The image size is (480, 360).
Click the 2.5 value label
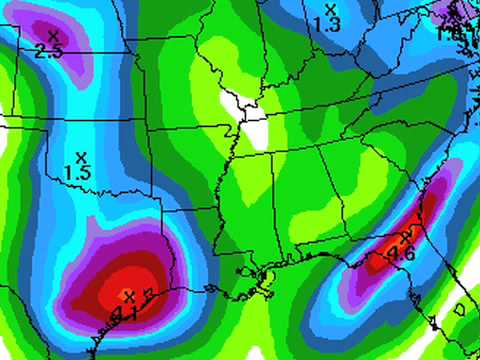click(48, 51)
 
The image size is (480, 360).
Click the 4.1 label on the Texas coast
click(126, 312)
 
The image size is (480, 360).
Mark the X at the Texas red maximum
click(128, 295)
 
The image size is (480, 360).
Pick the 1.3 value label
click(328, 22)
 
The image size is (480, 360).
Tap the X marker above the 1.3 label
click(328, 8)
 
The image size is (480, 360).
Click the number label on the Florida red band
click(402, 254)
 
